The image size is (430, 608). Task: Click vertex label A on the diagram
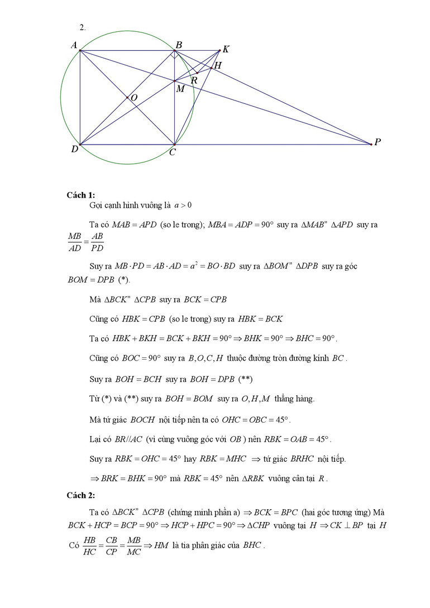74,45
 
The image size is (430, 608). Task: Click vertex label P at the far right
378,142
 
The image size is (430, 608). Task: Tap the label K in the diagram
226,49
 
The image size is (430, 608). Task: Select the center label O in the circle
134,98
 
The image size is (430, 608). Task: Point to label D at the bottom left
74,149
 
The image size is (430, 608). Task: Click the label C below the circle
173,152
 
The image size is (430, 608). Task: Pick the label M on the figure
180,89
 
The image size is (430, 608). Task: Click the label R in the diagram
194,80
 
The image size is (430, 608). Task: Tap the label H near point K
218,65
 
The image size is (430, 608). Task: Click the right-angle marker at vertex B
175,55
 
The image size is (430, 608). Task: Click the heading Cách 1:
81,195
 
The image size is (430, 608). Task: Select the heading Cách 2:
81,495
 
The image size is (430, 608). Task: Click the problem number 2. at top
83,27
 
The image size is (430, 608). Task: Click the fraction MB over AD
75,242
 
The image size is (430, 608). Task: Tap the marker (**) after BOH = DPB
245,379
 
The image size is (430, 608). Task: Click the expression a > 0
183,205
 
